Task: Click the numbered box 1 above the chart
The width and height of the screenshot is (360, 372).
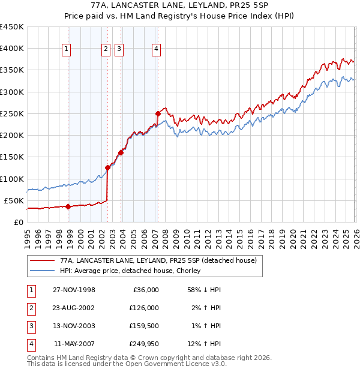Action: coord(65,50)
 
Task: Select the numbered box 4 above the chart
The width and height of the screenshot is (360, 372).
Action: coord(156,50)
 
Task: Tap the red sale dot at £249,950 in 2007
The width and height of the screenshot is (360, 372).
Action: coord(158,113)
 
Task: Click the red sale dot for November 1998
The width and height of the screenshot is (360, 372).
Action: coord(68,206)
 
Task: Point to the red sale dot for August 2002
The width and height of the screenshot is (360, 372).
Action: coord(107,167)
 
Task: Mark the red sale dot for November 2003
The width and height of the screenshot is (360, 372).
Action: coord(121,152)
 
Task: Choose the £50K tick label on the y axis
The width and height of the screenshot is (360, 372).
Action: coord(14,200)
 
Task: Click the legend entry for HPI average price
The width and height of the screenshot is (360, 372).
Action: coord(129,271)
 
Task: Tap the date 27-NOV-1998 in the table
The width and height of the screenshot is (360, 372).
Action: coord(74,290)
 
